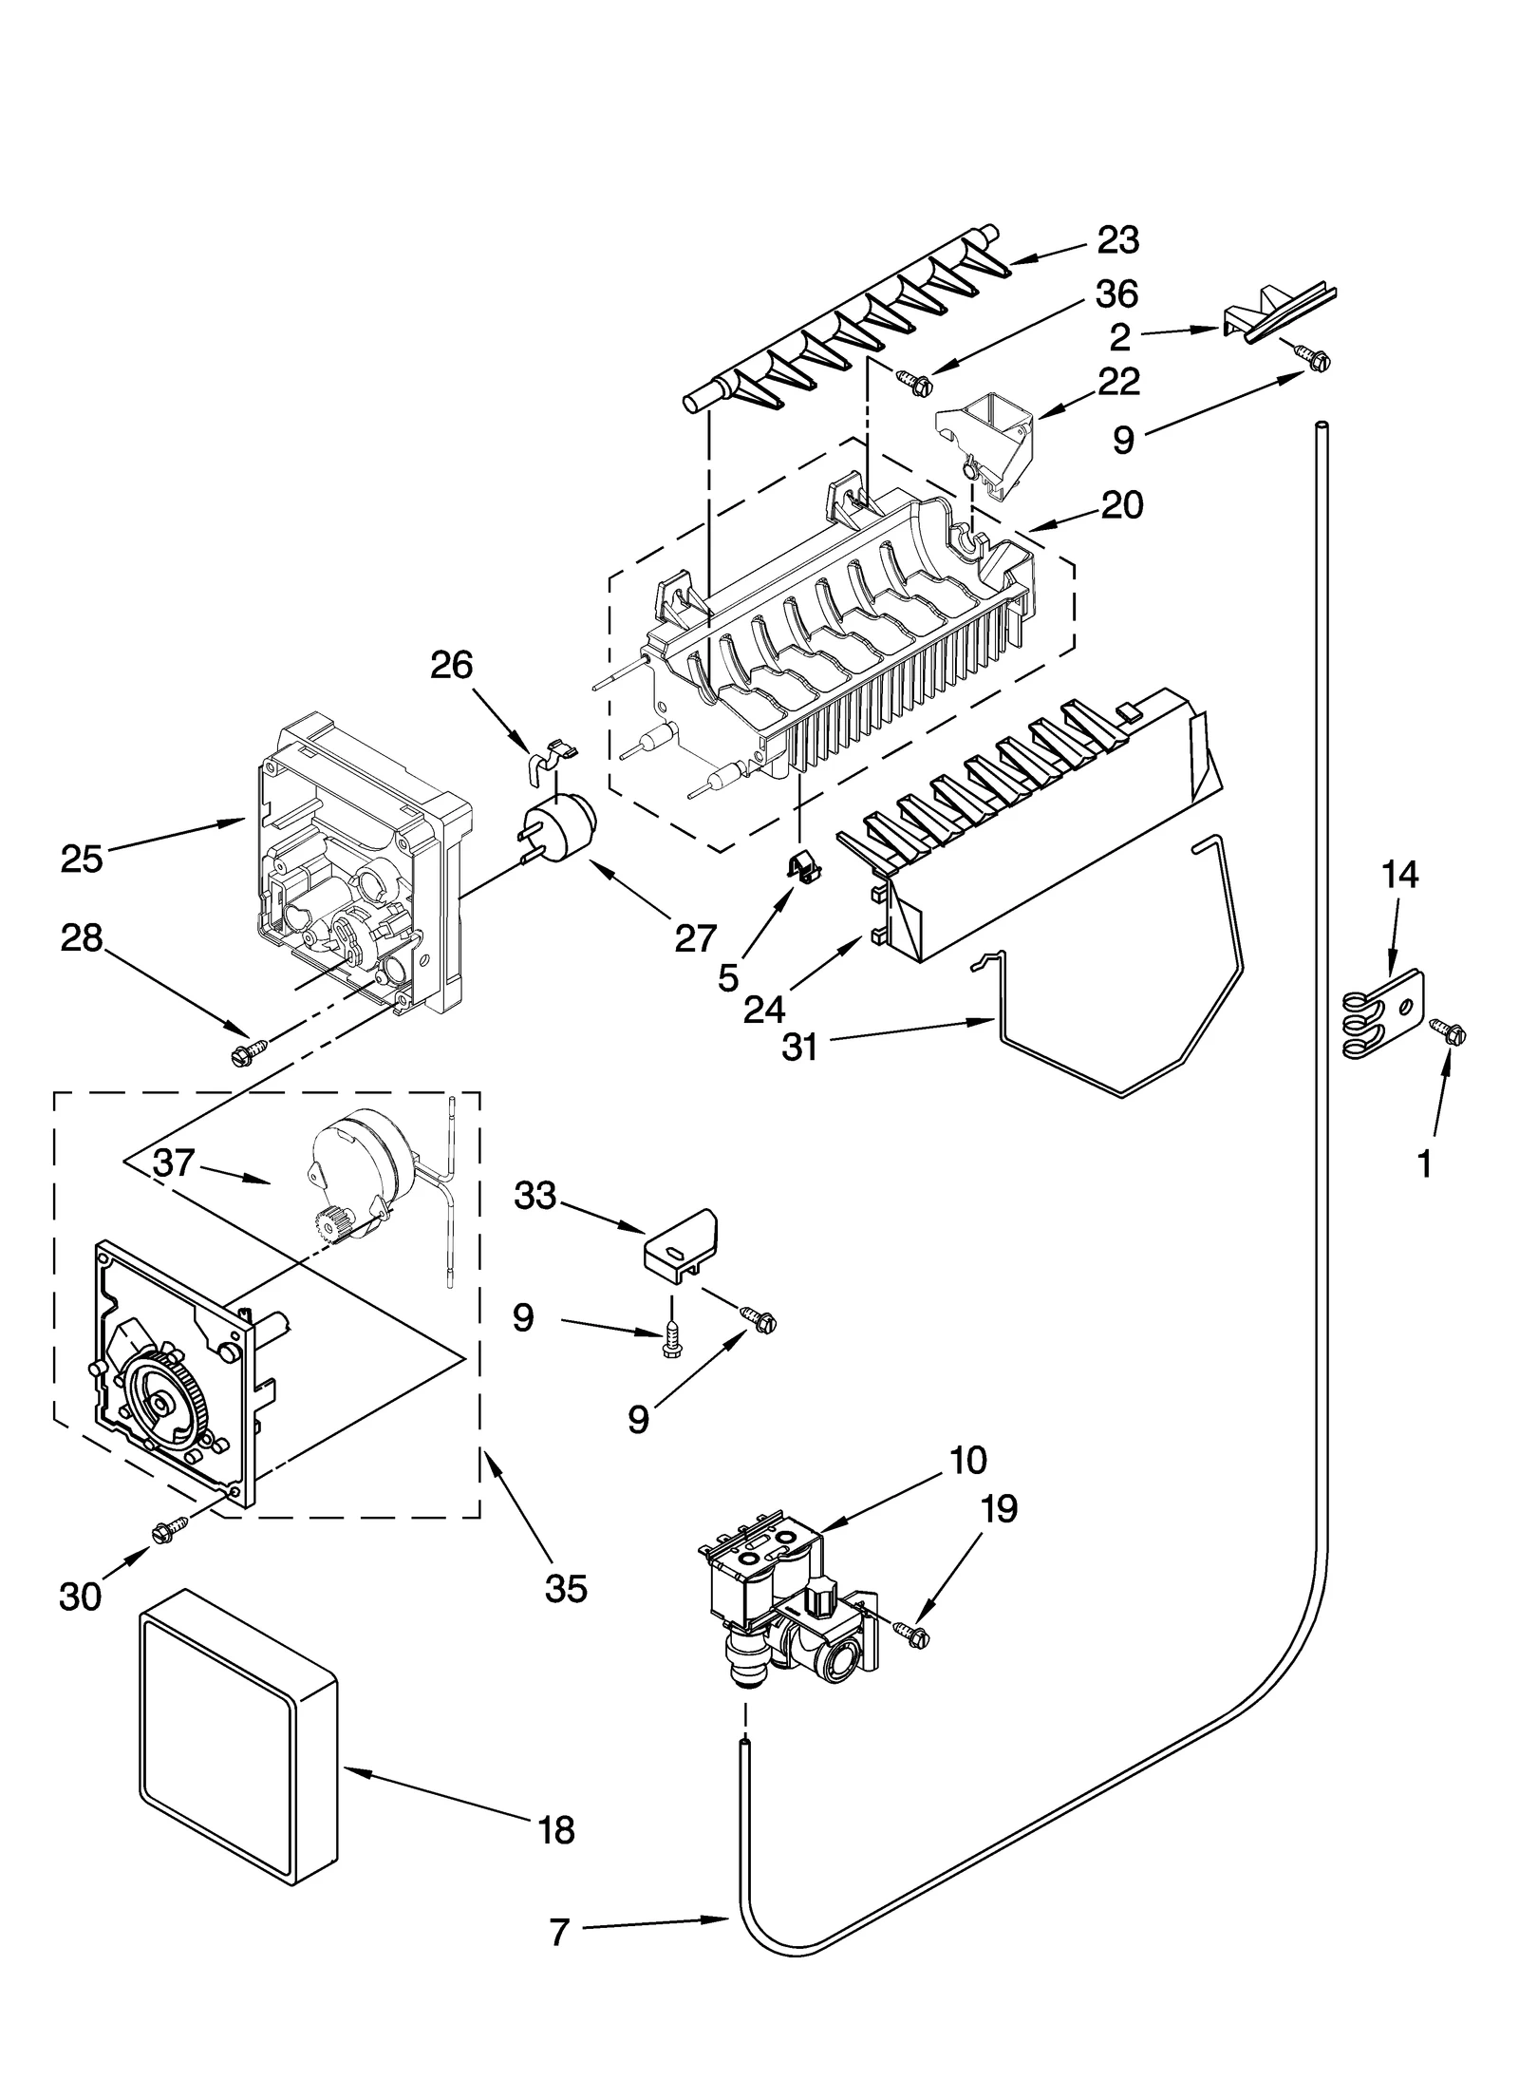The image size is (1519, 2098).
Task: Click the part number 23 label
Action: tap(1117, 240)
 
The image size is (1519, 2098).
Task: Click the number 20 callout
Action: tap(1122, 505)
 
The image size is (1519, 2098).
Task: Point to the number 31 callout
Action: tap(800, 1050)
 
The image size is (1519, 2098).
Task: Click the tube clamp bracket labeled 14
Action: tap(1385, 1011)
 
